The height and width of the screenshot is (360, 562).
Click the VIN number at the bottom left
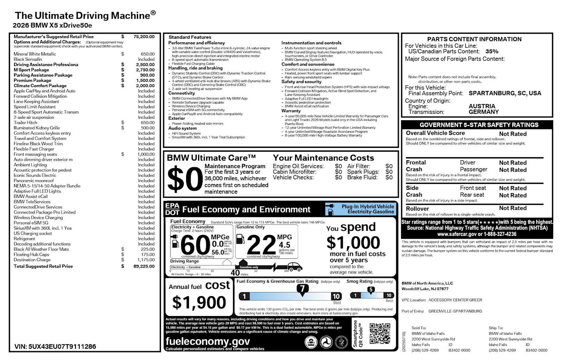coord(55,347)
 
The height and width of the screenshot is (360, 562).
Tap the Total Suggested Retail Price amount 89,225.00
coord(144,266)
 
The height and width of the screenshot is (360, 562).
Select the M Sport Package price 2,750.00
coord(145,70)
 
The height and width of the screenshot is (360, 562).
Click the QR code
coord(380,334)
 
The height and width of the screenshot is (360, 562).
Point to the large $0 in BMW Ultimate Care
coord(185,179)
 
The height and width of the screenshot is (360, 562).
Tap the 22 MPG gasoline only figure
coord(261,245)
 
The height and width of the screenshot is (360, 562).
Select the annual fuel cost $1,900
coord(199,302)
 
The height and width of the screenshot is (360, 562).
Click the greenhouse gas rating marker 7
coord(302,289)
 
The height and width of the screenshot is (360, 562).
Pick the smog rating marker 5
coord(371,290)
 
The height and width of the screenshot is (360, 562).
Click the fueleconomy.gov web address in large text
coord(208,341)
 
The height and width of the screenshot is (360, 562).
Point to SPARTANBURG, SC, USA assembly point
coord(505,93)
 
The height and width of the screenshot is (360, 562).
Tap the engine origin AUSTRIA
coord(482,106)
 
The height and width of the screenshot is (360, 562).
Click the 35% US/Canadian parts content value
coord(492,51)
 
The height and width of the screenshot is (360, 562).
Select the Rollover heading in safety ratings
coord(417,209)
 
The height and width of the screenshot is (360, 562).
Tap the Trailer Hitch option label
coord(25,123)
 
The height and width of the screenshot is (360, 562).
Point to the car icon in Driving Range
coord(295,267)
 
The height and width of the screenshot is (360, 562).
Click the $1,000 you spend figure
coord(353,243)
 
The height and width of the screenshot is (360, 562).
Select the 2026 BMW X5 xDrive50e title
coord(52,25)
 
